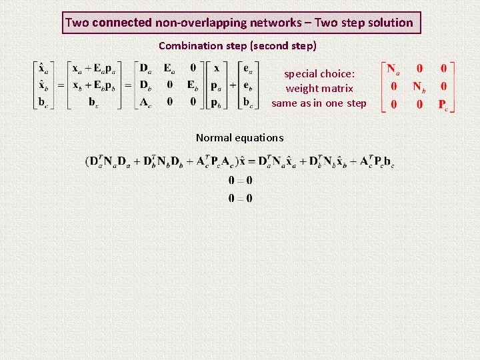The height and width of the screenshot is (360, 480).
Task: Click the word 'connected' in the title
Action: tap(122, 23)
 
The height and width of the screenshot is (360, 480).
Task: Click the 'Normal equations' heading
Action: tap(239, 138)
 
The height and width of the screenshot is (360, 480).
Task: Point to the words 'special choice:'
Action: tap(319, 74)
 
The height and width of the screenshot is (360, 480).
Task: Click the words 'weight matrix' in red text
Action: tap(319, 88)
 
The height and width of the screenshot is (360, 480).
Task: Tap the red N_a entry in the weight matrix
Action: tap(393, 69)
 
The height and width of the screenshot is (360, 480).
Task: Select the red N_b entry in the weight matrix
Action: tap(418, 87)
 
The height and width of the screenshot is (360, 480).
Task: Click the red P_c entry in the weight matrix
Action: tap(443, 104)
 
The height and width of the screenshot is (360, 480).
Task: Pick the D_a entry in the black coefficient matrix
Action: tap(145, 68)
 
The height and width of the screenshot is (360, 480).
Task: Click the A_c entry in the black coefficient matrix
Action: tap(145, 102)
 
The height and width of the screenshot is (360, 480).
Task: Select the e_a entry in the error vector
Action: tap(248, 68)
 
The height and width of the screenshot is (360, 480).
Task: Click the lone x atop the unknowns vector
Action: tap(216, 68)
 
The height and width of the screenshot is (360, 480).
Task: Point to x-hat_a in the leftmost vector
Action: tap(43, 68)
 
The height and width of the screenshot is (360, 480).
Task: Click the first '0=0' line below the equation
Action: tap(240, 181)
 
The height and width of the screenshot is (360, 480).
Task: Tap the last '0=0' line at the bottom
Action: tap(240, 198)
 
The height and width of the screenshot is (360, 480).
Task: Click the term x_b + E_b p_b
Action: tap(93, 85)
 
